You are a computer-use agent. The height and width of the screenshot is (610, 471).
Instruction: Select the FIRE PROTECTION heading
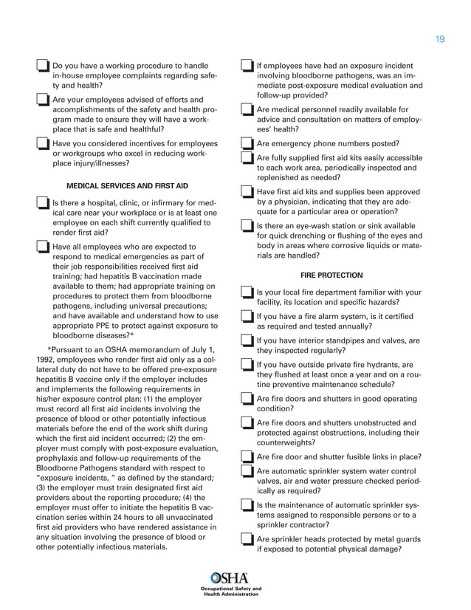click(331, 275)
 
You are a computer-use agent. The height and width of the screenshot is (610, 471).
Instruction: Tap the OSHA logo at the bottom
click(230, 578)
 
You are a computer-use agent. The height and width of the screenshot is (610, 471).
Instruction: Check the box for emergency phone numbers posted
click(248, 143)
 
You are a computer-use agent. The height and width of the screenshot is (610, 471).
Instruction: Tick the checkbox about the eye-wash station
click(248, 226)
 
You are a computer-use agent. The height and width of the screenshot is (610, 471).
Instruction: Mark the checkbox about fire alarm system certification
click(248, 318)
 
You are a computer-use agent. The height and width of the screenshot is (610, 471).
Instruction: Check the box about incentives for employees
click(43, 144)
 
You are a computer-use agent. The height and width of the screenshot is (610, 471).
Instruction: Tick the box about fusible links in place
click(248, 458)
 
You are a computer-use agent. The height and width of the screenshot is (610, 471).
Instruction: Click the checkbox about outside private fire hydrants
click(248, 366)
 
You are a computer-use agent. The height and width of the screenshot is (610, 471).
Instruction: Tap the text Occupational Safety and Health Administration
click(230, 592)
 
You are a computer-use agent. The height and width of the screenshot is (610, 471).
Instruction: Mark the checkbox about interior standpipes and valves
click(248, 341)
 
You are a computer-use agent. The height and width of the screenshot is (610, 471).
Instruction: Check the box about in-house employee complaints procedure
click(43, 67)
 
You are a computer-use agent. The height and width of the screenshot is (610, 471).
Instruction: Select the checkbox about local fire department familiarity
click(248, 293)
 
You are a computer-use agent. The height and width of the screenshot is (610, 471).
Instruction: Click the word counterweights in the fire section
click(285, 443)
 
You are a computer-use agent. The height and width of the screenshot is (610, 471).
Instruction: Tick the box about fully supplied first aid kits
click(248, 159)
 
